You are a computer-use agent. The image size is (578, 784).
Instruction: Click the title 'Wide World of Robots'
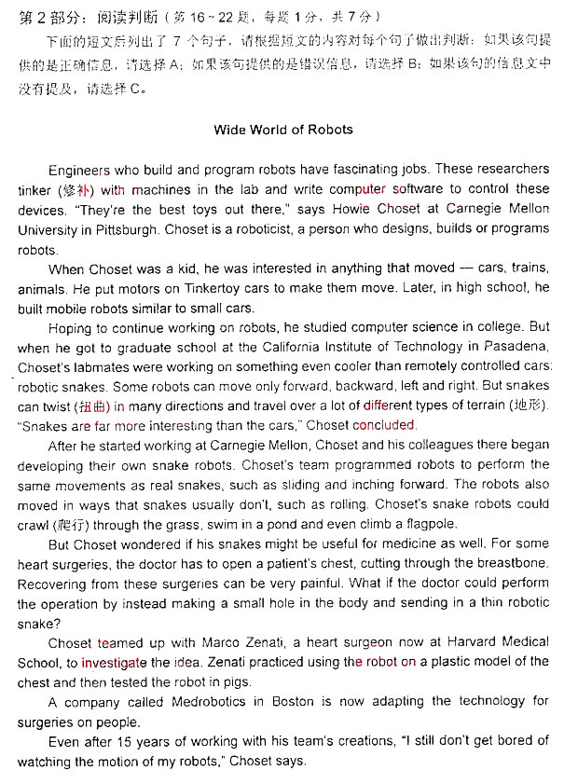coord(283,130)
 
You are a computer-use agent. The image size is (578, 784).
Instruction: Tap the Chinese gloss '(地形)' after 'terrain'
coord(527,406)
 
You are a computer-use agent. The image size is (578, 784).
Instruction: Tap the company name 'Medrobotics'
coord(204,701)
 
